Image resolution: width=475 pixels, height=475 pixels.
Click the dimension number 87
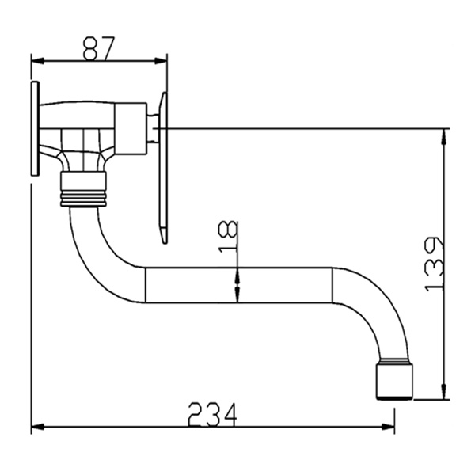99,48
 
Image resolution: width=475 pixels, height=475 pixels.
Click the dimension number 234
211,413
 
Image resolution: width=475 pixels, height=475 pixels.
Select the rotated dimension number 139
435,263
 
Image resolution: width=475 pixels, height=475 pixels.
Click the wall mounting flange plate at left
35,128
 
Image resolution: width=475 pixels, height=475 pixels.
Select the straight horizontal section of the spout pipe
237,285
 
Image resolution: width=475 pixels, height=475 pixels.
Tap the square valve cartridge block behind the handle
131,127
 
